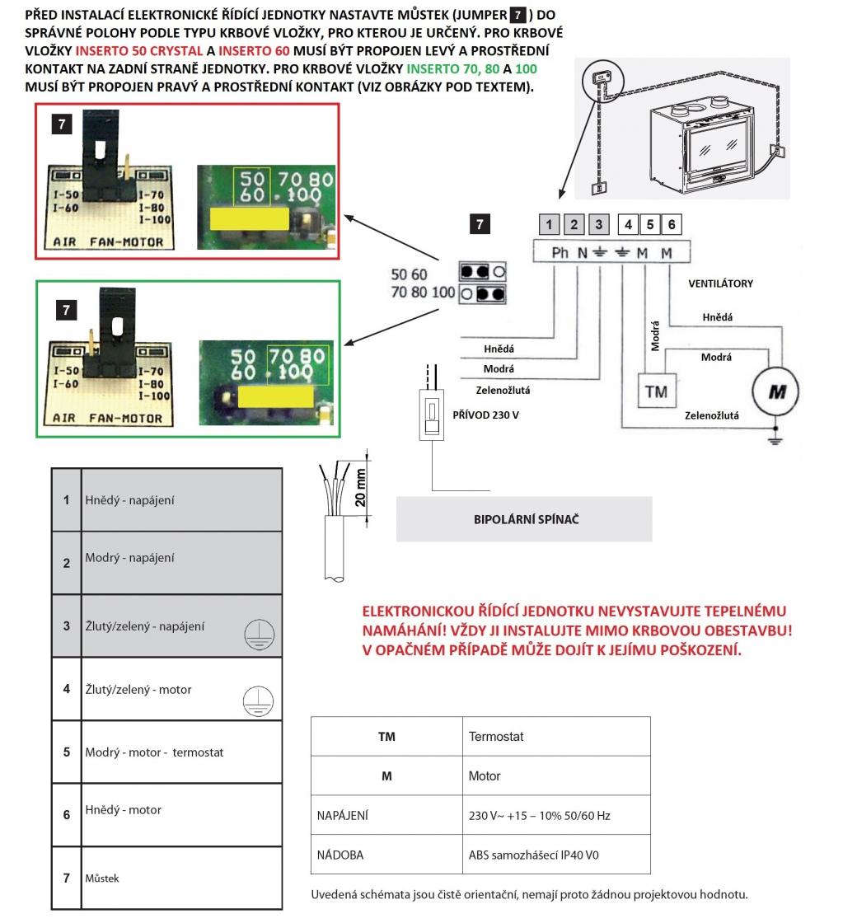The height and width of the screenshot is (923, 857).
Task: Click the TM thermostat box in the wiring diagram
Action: click(656, 391)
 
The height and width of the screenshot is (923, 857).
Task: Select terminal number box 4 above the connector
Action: click(629, 224)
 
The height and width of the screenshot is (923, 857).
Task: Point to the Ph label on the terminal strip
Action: click(560, 253)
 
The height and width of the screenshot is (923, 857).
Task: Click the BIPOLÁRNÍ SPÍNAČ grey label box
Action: click(524, 519)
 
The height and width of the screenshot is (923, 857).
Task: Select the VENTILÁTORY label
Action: click(720, 283)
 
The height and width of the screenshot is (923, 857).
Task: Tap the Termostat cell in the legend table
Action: click(496, 736)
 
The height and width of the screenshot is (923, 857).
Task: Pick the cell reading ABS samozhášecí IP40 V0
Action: click(534, 855)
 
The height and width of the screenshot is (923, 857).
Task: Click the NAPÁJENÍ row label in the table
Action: click(342, 815)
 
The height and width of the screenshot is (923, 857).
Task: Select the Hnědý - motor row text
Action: click(124, 810)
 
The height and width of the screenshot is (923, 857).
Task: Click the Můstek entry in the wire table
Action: click(102, 878)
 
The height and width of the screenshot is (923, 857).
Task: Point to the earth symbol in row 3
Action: click(260, 635)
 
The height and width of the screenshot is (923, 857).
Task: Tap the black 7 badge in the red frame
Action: click(62, 124)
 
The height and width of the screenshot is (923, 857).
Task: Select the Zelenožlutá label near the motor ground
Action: click(711, 415)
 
